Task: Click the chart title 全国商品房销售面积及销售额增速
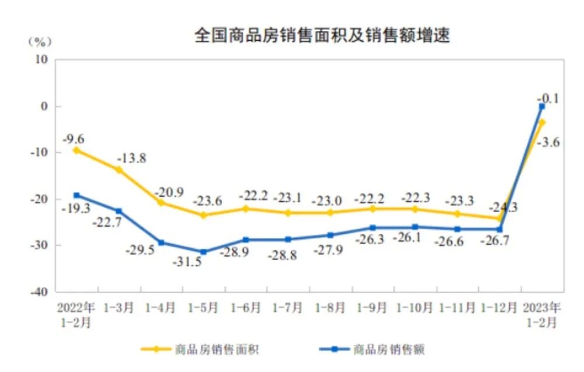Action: pos(322,36)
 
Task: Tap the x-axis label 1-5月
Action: pos(204,307)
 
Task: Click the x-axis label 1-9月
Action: pos(373,307)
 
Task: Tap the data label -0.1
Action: pos(548,99)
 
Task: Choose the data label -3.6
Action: pos(548,142)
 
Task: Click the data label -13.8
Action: pos(131,159)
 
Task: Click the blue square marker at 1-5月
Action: pos(204,252)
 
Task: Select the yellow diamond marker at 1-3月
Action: pos(119,170)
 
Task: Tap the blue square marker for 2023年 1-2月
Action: pos(542,107)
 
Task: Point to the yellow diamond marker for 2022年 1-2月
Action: pos(77,150)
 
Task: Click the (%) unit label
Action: pos(39,41)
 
